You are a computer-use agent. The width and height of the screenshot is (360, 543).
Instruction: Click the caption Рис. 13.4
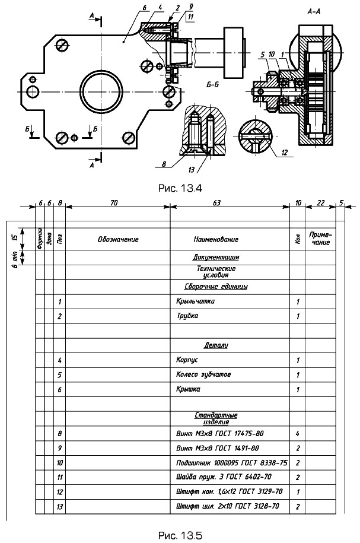pyautogui.click(x=180, y=189)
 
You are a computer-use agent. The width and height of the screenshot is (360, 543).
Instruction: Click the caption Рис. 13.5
pyautogui.click(x=180, y=536)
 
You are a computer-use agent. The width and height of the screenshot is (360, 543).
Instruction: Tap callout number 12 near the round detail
pyautogui.click(x=285, y=152)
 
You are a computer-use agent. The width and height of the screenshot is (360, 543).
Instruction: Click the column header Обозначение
pyautogui.click(x=118, y=240)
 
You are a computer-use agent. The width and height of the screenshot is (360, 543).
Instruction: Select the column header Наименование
pyautogui.click(x=216, y=240)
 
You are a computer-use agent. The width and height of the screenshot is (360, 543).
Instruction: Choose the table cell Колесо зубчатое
pyautogui.click(x=203, y=375)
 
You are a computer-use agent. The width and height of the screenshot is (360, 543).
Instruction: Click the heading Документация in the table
pyautogui.click(x=216, y=258)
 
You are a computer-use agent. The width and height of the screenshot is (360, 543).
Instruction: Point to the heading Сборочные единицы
pyautogui.click(x=216, y=286)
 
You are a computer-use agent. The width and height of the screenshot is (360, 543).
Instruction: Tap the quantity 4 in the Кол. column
pyautogui.click(x=297, y=434)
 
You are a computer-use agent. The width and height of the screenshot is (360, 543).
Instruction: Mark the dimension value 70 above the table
pyautogui.click(x=114, y=203)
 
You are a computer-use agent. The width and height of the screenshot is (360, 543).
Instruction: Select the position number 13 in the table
pyautogui.click(x=60, y=507)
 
